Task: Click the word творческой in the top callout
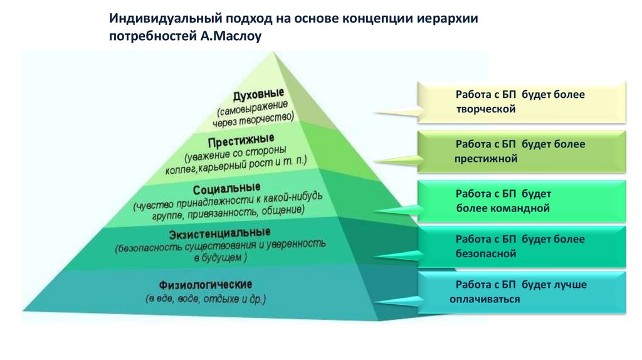(x=486, y=109)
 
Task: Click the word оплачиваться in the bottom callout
(x=485, y=299)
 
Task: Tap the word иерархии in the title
(x=447, y=18)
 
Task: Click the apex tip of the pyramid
(x=274, y=53)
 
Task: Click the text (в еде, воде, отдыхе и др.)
(x=206, y=299)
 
